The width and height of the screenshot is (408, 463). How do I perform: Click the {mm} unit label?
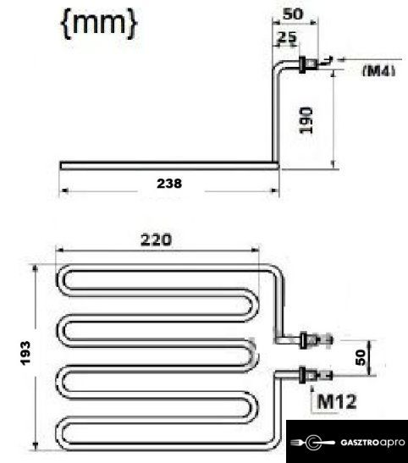click(x=99, y=24)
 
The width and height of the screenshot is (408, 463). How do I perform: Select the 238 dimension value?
click(x=169, y=184)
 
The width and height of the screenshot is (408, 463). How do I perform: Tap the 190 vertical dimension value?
click(x=306, y=120)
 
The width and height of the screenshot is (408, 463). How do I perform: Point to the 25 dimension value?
click(x=287, y=37)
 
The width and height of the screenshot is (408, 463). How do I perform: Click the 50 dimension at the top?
click(x=293, y=14)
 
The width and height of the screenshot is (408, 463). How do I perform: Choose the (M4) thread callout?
click(x=379, y=71)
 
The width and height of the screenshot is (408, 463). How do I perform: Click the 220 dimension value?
click(x=156, y=240)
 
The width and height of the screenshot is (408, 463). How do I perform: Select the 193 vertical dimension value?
click(x=25, y=353)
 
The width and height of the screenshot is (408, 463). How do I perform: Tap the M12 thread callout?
click(x=337, y=401)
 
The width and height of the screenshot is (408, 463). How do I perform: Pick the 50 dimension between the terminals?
click(x=361, y=357)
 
